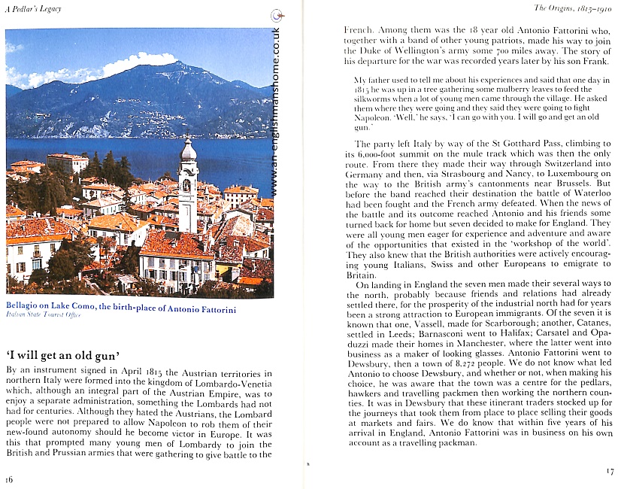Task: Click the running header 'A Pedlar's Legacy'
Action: click(33, 8)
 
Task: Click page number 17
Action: click(609, 471)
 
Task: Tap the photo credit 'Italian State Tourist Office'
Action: click(43, 315)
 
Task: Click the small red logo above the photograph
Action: click(279, 16)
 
